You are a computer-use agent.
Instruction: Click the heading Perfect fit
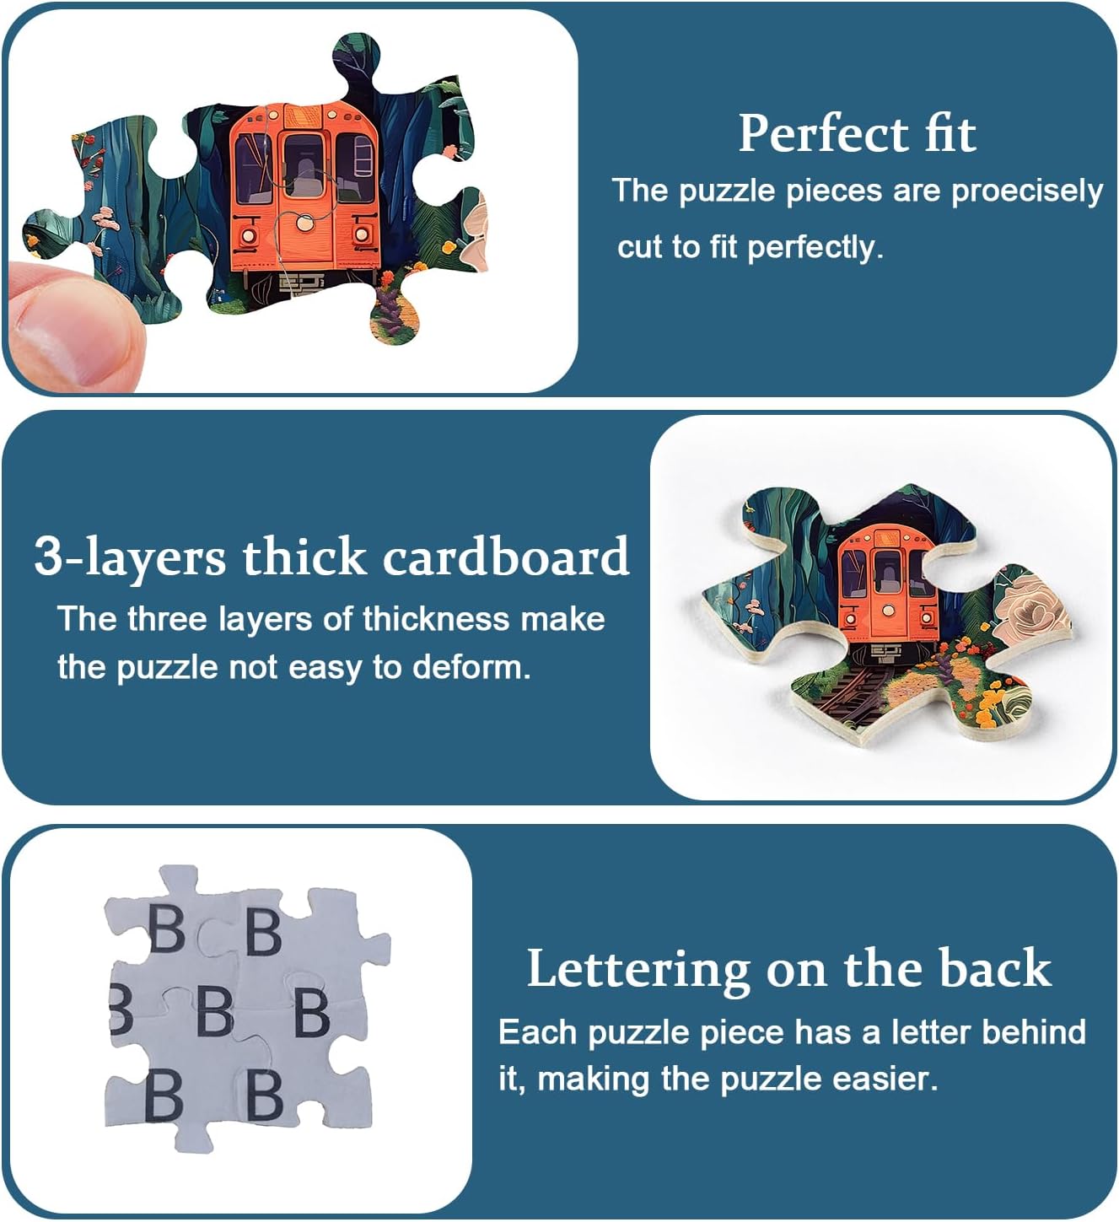[857, 134]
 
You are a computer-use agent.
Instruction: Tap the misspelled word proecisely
[1027, 192]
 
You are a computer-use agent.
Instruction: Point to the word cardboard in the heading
[506, 556]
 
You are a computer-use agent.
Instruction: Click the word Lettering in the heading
[638, 969]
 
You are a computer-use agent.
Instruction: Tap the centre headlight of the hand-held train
[304, 223]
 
